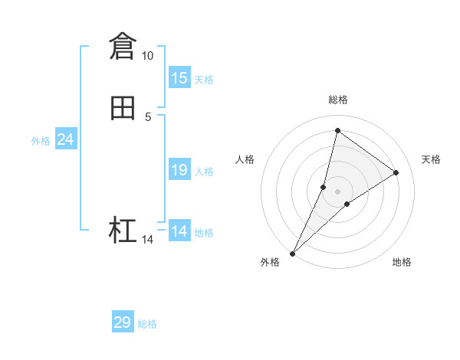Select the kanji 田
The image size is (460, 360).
pyautogui.click(x=123, y=108)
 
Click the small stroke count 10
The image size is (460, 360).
pyautogui.click(x=147, y=56)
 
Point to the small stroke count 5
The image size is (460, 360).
pyautogui.click(x=148, y=116)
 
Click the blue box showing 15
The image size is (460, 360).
pyautogui.click(x=179, y=78)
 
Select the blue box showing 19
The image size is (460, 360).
pyautogui.click(x=179, y=170)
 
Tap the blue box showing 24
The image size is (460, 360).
pyautogui.click(x=66, y=139)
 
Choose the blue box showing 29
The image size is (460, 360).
pyautogui.click(x=123, y=322)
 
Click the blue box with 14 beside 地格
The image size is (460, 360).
pyautogui.click(x=179, y=231)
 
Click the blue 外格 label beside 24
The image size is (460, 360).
pyautogui.click(x=41, y=141)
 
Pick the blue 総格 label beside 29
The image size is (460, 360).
pyautogui.click(x=147, y=324)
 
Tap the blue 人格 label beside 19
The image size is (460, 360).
pyautogui.click(x=204, y=172)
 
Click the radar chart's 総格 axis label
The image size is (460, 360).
pyautogui.click(x=338, y=100)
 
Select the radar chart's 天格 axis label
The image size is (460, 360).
pyautogui.click(x=432, y=159)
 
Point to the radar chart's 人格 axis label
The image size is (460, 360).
pyautogui.click(x=245, y=159)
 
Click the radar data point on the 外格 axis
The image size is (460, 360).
pyautogui.click(x=292, y=254)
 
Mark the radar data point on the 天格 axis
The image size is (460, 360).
pyautogui.click(x=396, y=172)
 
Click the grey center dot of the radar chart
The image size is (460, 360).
pyautogui.click(x=338, y=191)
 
